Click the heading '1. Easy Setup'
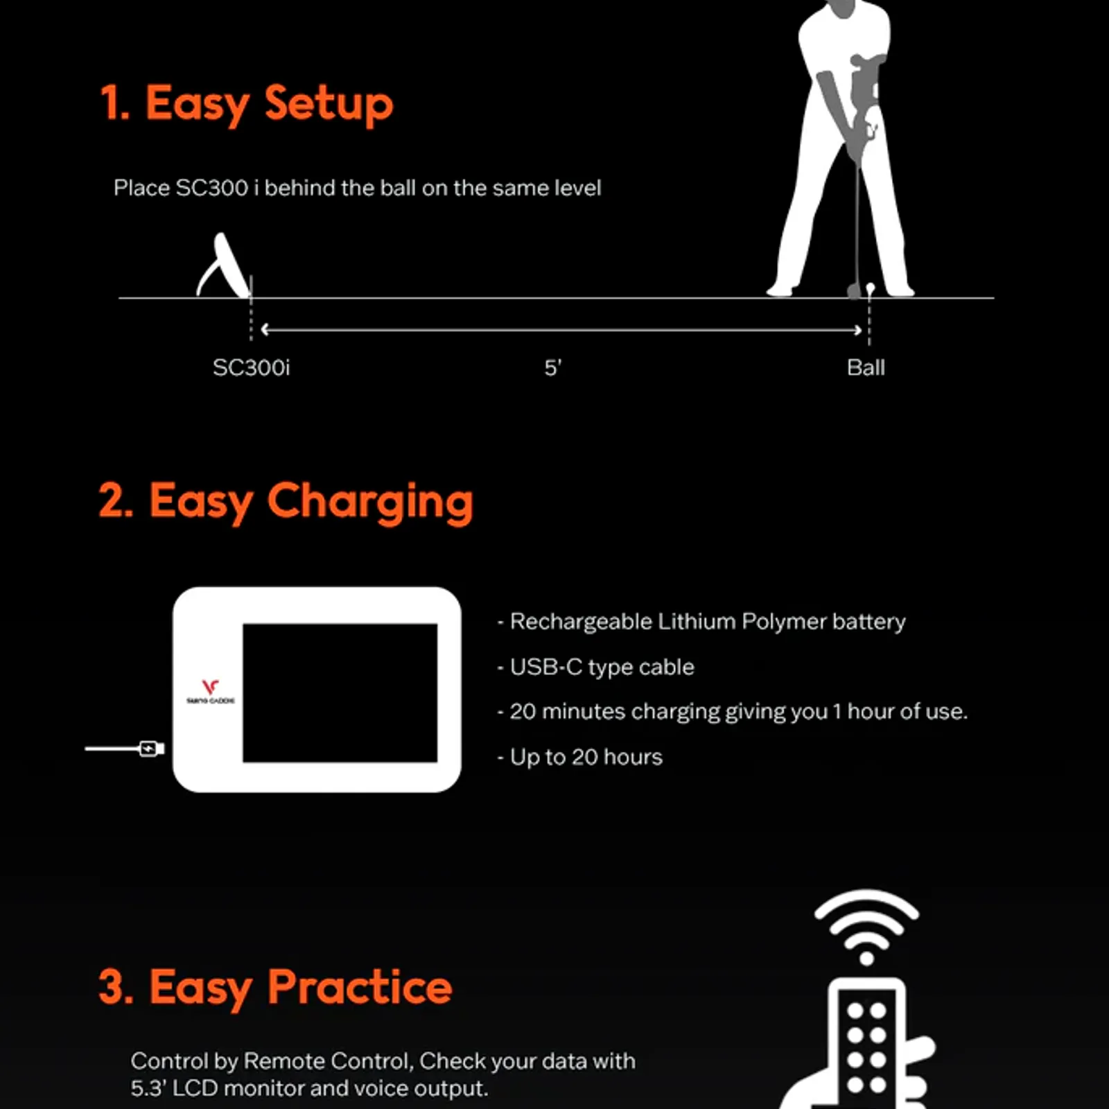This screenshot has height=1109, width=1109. [247, 104]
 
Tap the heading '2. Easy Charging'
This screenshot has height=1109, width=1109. [286, 501]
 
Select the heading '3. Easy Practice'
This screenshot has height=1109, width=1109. [275, 987]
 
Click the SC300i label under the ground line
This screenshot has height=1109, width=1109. [251, 367]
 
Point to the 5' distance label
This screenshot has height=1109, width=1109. [552, 367]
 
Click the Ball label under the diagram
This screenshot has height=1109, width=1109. [866, 367]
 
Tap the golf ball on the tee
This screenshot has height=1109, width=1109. [871, 288]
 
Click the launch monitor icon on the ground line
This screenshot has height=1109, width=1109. [222, 265]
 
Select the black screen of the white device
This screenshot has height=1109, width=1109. [340, 692]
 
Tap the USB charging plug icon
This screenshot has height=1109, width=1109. [150, 749]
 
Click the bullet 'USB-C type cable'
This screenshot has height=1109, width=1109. [595, 667]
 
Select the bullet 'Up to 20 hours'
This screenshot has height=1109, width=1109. [579, 757]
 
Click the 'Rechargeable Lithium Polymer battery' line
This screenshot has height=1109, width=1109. [701, 622]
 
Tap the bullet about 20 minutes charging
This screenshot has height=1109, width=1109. [732, 712]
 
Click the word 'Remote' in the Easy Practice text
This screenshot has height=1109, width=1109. [284, 1061]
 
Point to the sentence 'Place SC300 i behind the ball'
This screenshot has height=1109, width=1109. [357, 188]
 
